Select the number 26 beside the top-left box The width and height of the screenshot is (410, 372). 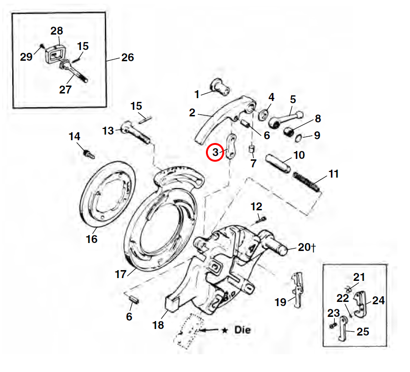coord(127,57)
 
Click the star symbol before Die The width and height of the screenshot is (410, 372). coord(225,330)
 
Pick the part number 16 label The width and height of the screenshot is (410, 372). coord(92,239)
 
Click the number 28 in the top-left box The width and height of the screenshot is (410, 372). coord(56,31)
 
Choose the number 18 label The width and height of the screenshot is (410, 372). coord(158,324)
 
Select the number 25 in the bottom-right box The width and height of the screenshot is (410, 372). coord(363,332)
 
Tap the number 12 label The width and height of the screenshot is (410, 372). coord(256,206)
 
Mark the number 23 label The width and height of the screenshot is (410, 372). coord(333,313)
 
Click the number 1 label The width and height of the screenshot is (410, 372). coord(197,94)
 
